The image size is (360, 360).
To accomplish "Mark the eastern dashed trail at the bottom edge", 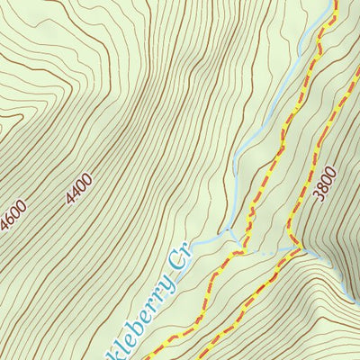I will point(209,357).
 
